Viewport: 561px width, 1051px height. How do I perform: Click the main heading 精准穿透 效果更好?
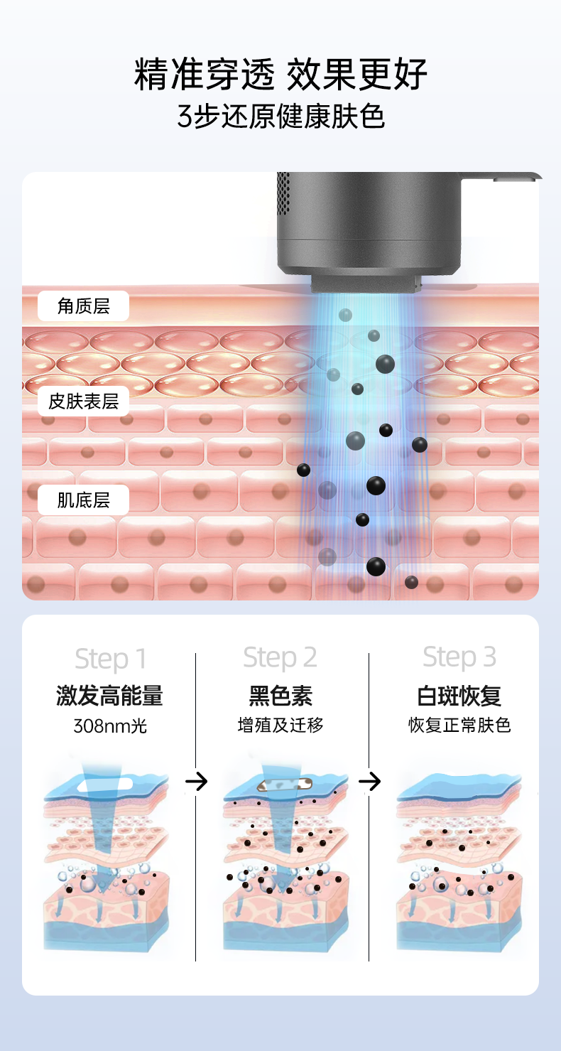tap(280, 74)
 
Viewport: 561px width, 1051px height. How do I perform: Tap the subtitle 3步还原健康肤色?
tap(280, 117)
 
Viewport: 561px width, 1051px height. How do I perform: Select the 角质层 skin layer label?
tap(84, 306)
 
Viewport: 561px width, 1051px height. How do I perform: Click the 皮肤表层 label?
tap(84, 401)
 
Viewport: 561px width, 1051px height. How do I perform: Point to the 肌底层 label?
tap(84, 500)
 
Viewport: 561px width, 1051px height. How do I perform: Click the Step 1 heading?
tap(111, 659)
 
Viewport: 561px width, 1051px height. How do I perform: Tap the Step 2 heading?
tap(280, 657)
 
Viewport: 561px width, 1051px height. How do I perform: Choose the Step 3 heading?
tap(459, 657)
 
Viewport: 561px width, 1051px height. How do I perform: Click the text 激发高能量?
tap(109, 696)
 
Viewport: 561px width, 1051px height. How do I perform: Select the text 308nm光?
tap(110, 726)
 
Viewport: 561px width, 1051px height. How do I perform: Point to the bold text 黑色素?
tap(280, 696)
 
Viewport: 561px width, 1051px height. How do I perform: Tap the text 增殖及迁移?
tap(280, 725)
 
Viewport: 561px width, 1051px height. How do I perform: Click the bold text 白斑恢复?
tap(459, 696)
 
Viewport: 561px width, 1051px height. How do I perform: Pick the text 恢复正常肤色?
tap(459, 725)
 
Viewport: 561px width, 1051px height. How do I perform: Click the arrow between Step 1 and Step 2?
tap(197, 781)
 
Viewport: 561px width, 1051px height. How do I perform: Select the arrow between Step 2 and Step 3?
tap(370, 781)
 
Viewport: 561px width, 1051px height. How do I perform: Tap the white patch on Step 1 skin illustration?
tap(105, 785)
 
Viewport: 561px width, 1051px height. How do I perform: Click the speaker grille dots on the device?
tap(283, 193)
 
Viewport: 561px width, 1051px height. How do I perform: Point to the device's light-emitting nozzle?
tap(366, 284)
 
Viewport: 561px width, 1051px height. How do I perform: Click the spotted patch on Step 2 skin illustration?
tap(285, 784)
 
